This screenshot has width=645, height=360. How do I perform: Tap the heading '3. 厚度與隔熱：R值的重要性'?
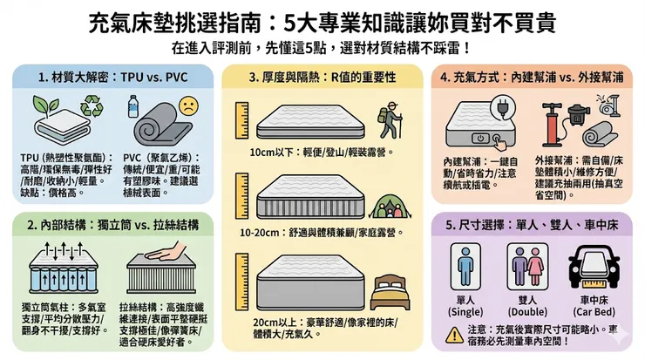[x=318, y=77]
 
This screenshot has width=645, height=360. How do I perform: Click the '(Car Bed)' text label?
[x=594, y=311]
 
